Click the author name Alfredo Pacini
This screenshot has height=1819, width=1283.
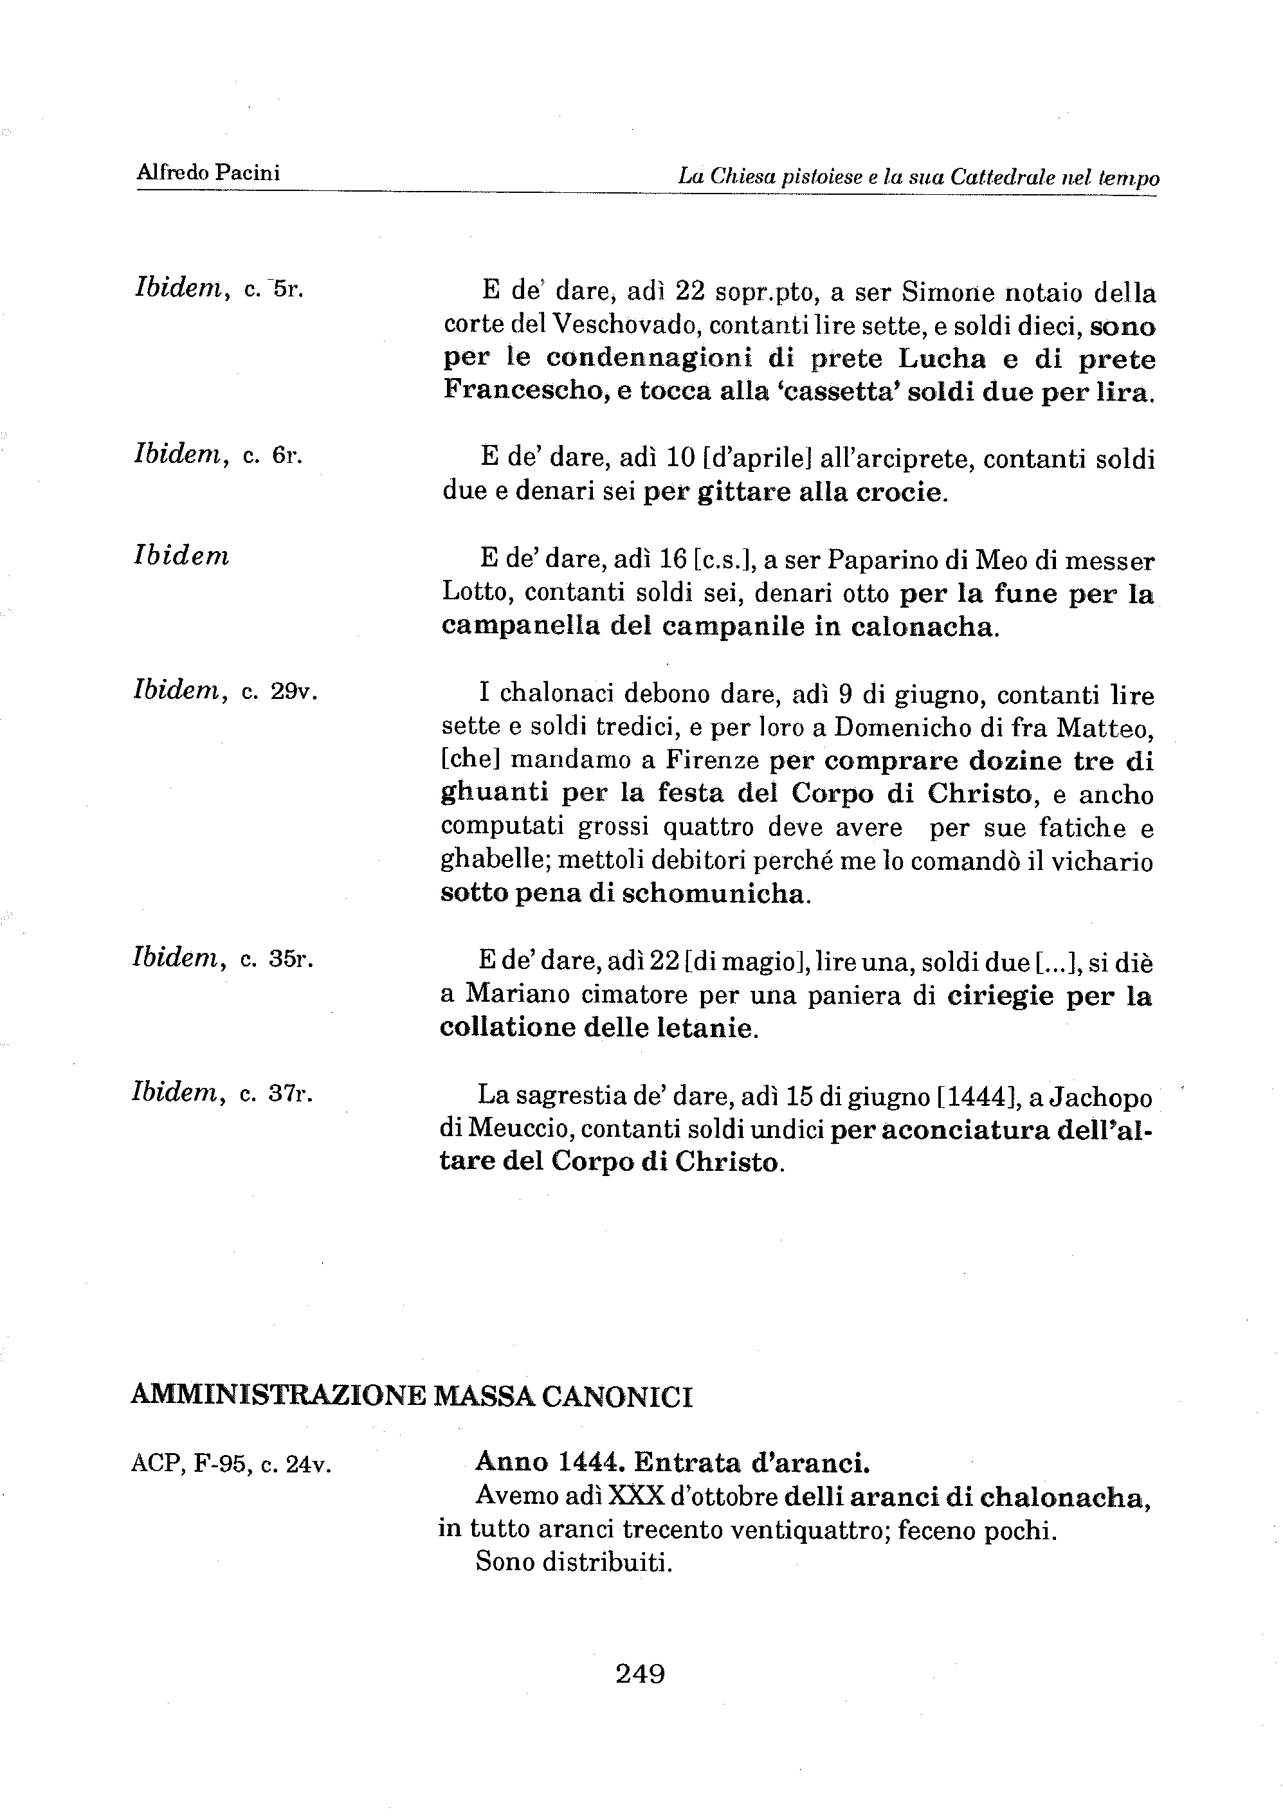[x=208, y=173]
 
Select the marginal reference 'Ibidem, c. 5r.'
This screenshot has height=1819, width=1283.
[x=219, y=288]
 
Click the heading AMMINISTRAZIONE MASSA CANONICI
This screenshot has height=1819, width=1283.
[x=412, y=1397]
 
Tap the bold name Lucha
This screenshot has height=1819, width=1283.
[x=942, y=359]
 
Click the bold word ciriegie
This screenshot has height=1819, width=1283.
[x=1000, y=996]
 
